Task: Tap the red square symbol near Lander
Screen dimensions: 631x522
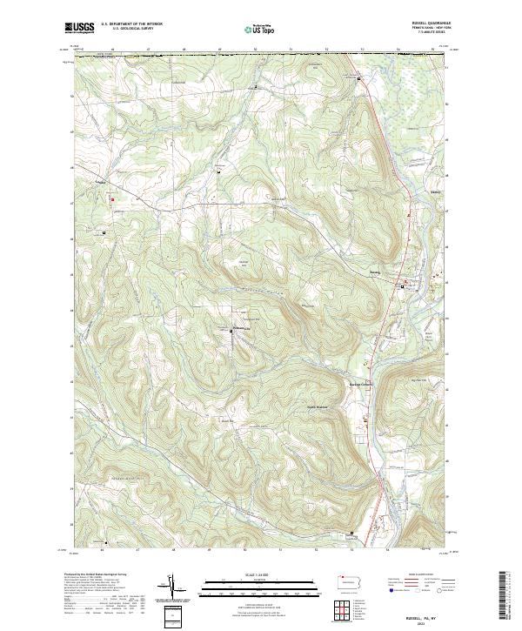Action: (x=112, y=198)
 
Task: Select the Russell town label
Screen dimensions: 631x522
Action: (x=400, y=271)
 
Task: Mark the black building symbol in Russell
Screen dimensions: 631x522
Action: (x=402, y=285)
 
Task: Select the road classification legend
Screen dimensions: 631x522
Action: (x=435, y=583)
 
